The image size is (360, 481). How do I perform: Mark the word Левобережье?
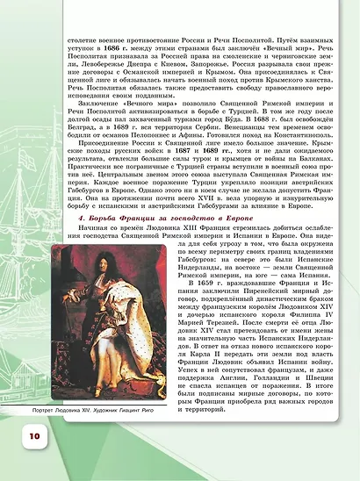(95, 73)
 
